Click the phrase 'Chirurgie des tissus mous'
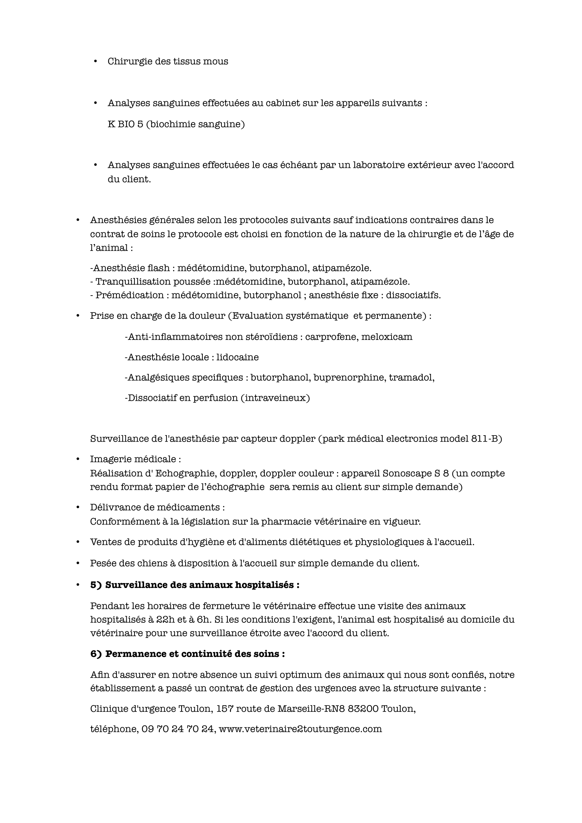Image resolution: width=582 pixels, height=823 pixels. pyautogui.click(x=168, y=61)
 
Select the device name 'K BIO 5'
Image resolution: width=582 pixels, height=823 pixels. pyautogui.click(x=125, y=124)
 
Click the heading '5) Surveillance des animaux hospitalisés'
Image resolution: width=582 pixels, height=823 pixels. pyautogui.click(x=195, y=585)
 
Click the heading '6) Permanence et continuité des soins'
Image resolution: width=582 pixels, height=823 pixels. pyautogui.click(x=188, y=654)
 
